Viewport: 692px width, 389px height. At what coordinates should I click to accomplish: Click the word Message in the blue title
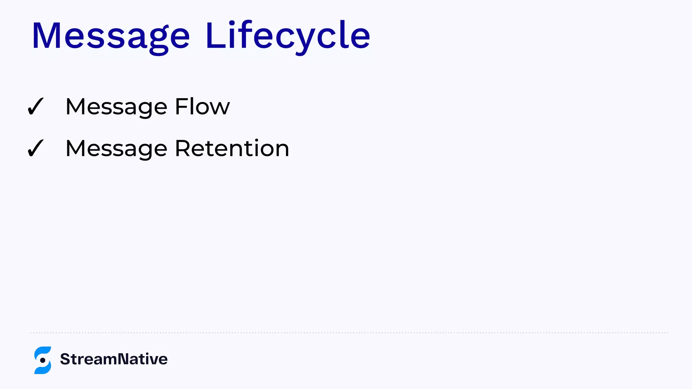111,36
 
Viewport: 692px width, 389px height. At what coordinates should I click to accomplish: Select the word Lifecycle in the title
288,36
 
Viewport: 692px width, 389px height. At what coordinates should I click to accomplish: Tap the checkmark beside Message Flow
35,106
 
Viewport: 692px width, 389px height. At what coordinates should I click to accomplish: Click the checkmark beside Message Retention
35,148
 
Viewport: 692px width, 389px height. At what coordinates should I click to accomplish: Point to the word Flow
202,107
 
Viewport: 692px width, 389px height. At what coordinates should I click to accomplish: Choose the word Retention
232,148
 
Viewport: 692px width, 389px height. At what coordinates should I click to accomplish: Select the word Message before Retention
116,149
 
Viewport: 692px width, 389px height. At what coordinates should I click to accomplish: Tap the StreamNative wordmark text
114,359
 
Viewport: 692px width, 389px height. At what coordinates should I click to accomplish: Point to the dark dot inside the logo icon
43,360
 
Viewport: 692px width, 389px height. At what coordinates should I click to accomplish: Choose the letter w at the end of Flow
220,108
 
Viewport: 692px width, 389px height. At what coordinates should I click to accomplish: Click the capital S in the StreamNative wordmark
65,359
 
